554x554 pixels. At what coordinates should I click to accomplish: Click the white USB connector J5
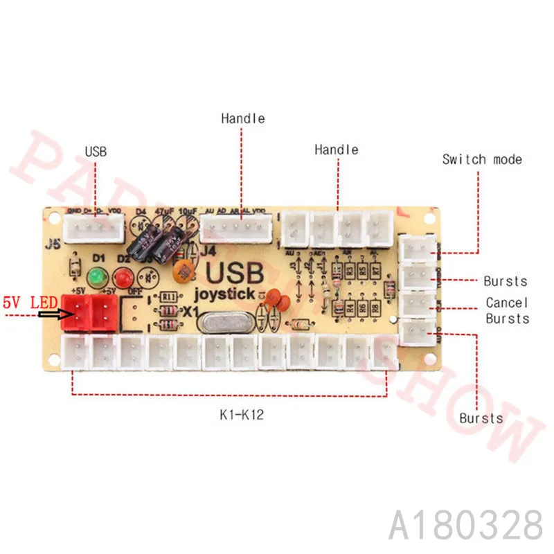tap(93, 227)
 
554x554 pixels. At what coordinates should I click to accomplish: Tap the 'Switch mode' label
tap(482, 160)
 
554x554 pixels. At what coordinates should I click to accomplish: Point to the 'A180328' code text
tap(466, 525)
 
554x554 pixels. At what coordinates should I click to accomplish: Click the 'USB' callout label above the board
tap(96, 150)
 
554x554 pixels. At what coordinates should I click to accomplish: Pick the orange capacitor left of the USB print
tap(184, 267)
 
